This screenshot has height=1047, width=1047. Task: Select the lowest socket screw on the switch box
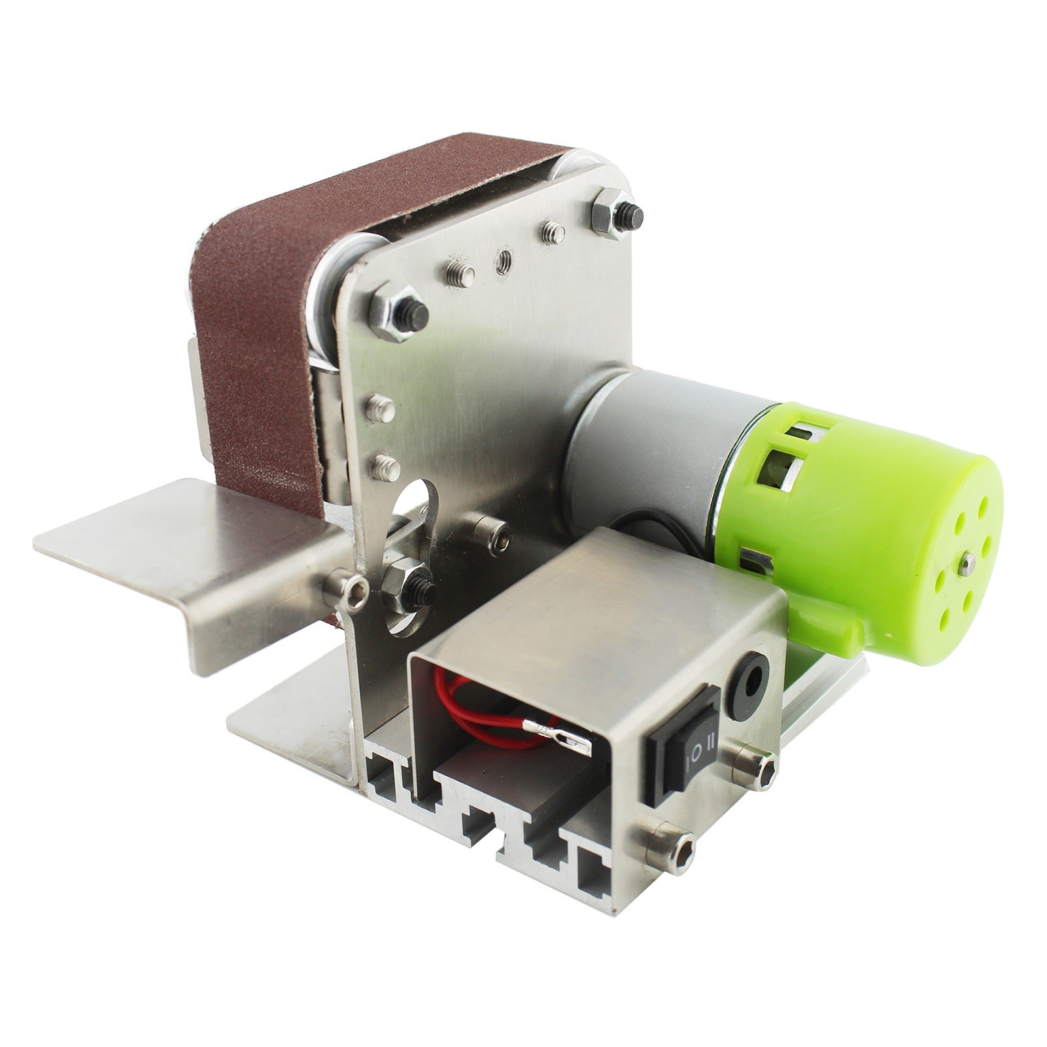tap(670, 851)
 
